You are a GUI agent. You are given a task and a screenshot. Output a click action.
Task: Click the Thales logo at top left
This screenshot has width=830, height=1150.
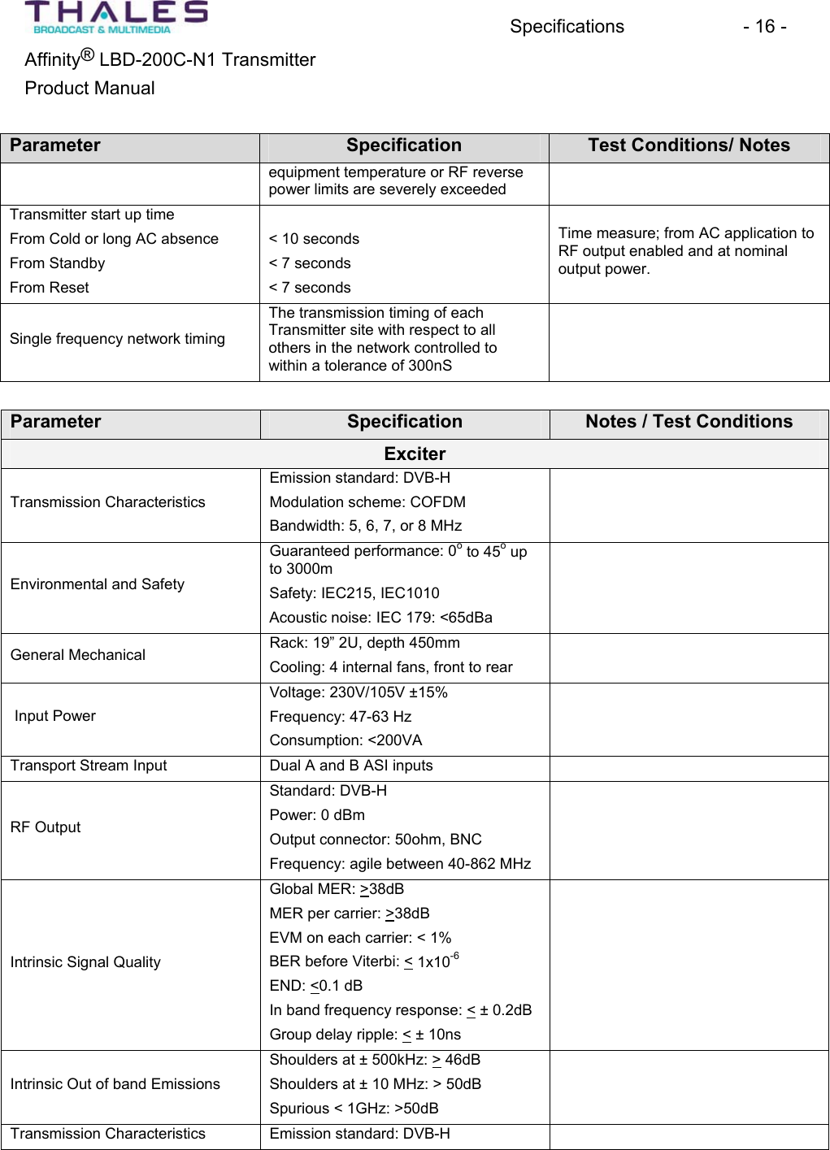pos(116,17)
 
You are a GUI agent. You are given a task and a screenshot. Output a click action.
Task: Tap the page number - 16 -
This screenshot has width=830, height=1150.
pos(763,27)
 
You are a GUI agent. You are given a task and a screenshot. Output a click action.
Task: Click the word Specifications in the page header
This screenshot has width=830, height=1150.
pos(567,27)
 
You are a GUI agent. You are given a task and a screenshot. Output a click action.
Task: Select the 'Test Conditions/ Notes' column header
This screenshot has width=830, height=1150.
pos(689,145)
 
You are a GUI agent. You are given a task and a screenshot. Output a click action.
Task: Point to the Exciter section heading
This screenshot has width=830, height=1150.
pos(415,453)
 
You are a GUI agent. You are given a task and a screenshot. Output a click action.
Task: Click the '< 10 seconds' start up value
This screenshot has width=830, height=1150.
pos(314,239)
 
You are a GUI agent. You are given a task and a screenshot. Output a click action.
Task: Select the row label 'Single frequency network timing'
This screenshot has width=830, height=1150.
pos(117,339)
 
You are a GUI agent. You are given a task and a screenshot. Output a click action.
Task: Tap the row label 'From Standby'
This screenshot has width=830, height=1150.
pos(58,263)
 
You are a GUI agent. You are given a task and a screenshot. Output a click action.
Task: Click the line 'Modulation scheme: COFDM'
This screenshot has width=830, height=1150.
pos(367,502)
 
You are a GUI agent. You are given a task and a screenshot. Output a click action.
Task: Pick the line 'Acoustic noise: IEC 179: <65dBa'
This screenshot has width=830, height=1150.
pos(380,618)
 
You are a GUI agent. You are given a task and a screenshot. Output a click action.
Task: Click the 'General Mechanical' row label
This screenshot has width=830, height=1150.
pos(78,655)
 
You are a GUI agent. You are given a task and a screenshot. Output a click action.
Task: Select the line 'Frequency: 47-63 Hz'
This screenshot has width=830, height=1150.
pos(341,717)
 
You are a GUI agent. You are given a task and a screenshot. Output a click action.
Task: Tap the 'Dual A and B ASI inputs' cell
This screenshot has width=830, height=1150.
pos(351,766)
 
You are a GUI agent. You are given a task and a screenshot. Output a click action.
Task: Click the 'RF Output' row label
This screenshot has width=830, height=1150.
pos(46,827)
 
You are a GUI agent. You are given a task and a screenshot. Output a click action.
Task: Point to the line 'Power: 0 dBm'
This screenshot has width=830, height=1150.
pos(317,815)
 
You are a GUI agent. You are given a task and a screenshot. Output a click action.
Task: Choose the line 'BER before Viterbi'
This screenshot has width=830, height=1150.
pos(363,961)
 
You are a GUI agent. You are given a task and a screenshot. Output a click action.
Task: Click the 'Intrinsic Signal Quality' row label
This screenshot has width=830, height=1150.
pos(85,962)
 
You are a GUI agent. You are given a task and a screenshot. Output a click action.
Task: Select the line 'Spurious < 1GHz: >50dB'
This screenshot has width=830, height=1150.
pos(354,1109)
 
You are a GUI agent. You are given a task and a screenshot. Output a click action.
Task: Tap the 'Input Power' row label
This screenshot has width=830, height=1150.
pos(55,716)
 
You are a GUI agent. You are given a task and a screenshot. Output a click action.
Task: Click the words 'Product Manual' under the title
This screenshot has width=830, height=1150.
pos(89,89)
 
